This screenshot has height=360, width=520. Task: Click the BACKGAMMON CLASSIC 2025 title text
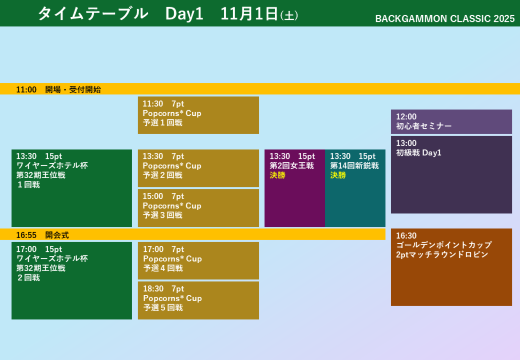tap(445, 19)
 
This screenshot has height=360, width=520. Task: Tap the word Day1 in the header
tap(184, 14)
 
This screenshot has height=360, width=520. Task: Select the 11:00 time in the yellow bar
tap(26, 89)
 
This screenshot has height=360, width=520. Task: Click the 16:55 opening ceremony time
tap(26, 235)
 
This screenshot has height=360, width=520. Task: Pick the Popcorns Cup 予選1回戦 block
tap(199, 115)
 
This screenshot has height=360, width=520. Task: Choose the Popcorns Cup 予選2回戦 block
tap(199, 168)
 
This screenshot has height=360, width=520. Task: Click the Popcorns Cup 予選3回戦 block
tap(199, 208)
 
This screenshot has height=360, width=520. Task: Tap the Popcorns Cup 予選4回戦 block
tap(199, 260)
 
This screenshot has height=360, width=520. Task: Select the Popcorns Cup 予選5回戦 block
tap(199, 300)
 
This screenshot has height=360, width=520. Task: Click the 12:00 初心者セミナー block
tap(451, 122)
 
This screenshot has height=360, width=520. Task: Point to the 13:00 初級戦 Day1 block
tap(451, 175)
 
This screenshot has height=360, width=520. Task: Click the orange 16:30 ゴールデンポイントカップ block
tap(451, 267)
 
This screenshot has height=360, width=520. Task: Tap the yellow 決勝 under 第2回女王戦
tap(278, 175)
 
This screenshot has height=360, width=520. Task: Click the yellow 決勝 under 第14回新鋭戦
tap(338, 175)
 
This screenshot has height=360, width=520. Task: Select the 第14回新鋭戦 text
tap(354, 166)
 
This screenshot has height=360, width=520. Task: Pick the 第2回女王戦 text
tap(291, 166)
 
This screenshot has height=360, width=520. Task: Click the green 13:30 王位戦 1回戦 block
tap(72, 188)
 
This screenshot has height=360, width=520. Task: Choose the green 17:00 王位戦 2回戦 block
tap(72, 281)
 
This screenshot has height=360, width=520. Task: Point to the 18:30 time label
tap(153, 289)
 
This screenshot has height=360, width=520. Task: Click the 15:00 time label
tap(153, 196)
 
